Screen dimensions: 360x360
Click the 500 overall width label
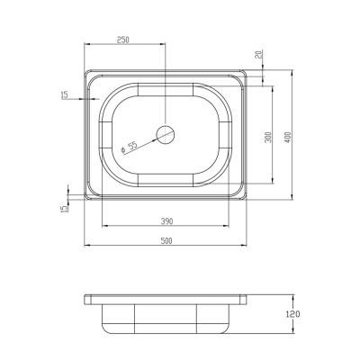coord(167,240)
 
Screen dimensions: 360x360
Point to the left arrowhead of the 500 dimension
coord(86,245)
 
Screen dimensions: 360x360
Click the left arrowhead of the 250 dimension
coord(86,43)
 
